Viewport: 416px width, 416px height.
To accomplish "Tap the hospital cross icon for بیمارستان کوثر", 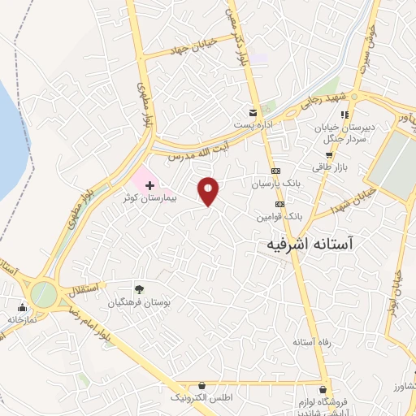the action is pyautogui.click(x=149, y=186).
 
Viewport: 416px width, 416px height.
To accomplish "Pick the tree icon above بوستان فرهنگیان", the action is pyautogui.click(x=140, y=288).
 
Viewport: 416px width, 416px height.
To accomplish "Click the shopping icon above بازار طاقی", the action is pyautogui.click(x=328, y=132).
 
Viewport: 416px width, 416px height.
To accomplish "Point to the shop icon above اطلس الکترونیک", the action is pyautogui.click(x=201, y=385).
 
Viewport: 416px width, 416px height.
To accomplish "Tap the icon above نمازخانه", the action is pyautogui.click(x=22, y=308).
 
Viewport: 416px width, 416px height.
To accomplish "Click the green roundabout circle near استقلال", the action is pyautogui.click(x=45, y=293).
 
